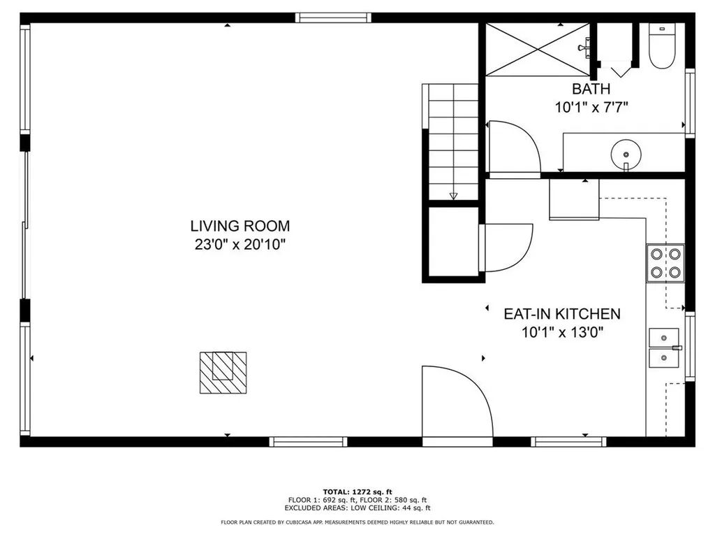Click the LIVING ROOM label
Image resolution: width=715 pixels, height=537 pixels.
[239, 226]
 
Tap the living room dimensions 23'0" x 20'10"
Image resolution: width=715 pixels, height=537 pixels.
[239, 245]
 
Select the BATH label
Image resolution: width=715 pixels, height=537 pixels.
[591, 89]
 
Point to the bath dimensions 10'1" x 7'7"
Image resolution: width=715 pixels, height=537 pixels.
[591, 108]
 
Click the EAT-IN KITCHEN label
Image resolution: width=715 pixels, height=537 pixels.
[562, 314]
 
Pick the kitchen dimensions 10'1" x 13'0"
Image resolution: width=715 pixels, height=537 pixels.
[562, 333]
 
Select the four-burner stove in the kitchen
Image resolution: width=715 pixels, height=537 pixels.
[666, 263]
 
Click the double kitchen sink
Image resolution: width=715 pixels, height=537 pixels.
[664, 348]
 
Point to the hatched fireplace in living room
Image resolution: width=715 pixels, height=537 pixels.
[223, 371]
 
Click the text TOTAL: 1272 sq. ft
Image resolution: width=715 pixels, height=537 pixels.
[357, 491]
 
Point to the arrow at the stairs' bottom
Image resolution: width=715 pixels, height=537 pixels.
[453, 196]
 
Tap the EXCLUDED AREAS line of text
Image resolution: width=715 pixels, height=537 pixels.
[357, 508]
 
